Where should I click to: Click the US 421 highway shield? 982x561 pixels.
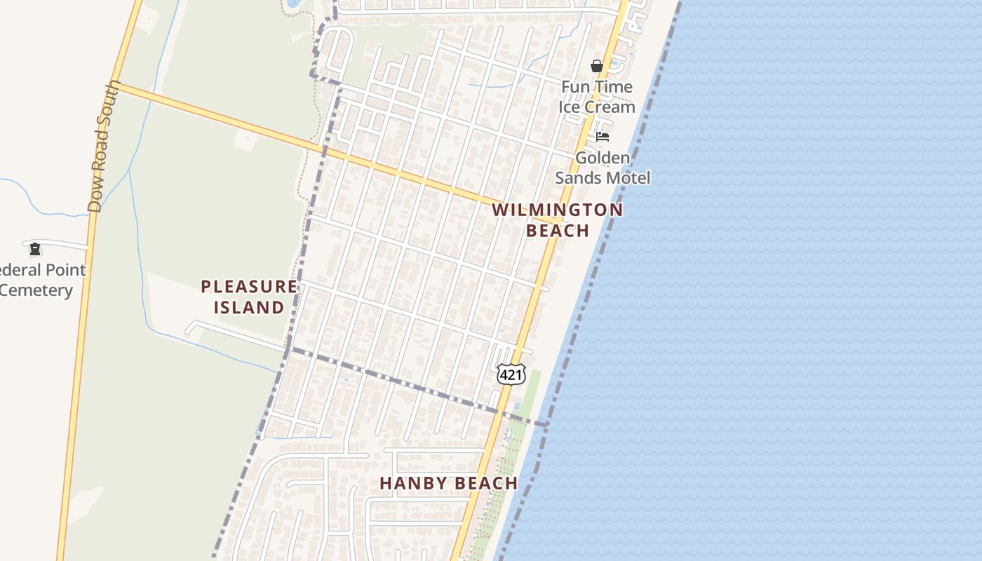(x=511, y=375)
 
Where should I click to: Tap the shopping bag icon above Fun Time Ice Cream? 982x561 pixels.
(x=597, y=67)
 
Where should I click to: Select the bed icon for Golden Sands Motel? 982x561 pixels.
(x=603, y=137)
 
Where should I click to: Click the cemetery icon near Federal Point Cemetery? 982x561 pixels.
(x=35, y=249)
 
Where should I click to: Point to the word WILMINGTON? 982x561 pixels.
(x=557, y=210)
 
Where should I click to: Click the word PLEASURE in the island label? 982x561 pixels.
(x=248, y=286)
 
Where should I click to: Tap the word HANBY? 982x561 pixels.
(x=412, y=483)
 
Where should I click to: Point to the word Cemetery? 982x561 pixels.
(x=36, y=290)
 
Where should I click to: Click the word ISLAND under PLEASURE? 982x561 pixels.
(x=248, y=307)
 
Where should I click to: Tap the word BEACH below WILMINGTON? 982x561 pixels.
(x=558, y=230)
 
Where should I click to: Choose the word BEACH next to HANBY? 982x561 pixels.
(x=484, y=483)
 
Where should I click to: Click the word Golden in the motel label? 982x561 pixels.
(x=602, y=158)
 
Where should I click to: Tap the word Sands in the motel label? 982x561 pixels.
(x=577, y=178)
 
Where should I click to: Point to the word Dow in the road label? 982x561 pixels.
(x=95, y=197)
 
